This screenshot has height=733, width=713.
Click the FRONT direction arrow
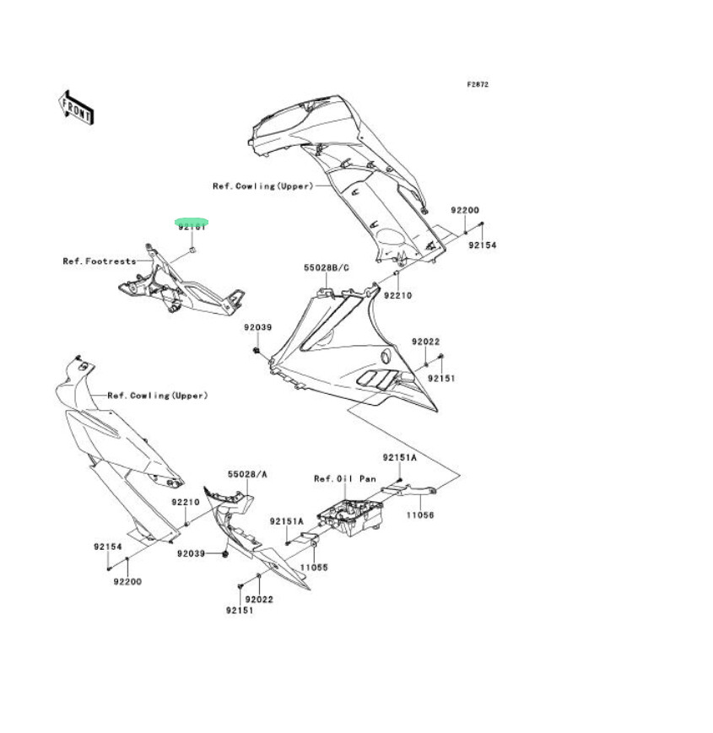(x=75, y=106)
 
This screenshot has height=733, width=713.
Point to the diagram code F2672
(x=478, y=84)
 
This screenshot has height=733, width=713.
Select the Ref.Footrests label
(x=100, y=261)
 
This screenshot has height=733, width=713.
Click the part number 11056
(x=419, y=515)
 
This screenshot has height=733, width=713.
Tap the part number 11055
(x=314, y=568)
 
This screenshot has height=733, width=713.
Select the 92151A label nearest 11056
(x=399, y=458)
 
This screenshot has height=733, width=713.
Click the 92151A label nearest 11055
(x=287, y=521)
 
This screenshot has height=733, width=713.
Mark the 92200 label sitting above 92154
(x=464, y=210)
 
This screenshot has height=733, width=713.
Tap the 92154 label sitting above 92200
(x=107, y=547)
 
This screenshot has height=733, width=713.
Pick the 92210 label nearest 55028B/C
(x=397, y=296)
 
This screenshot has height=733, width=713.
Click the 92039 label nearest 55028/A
(x=191, y=554)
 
